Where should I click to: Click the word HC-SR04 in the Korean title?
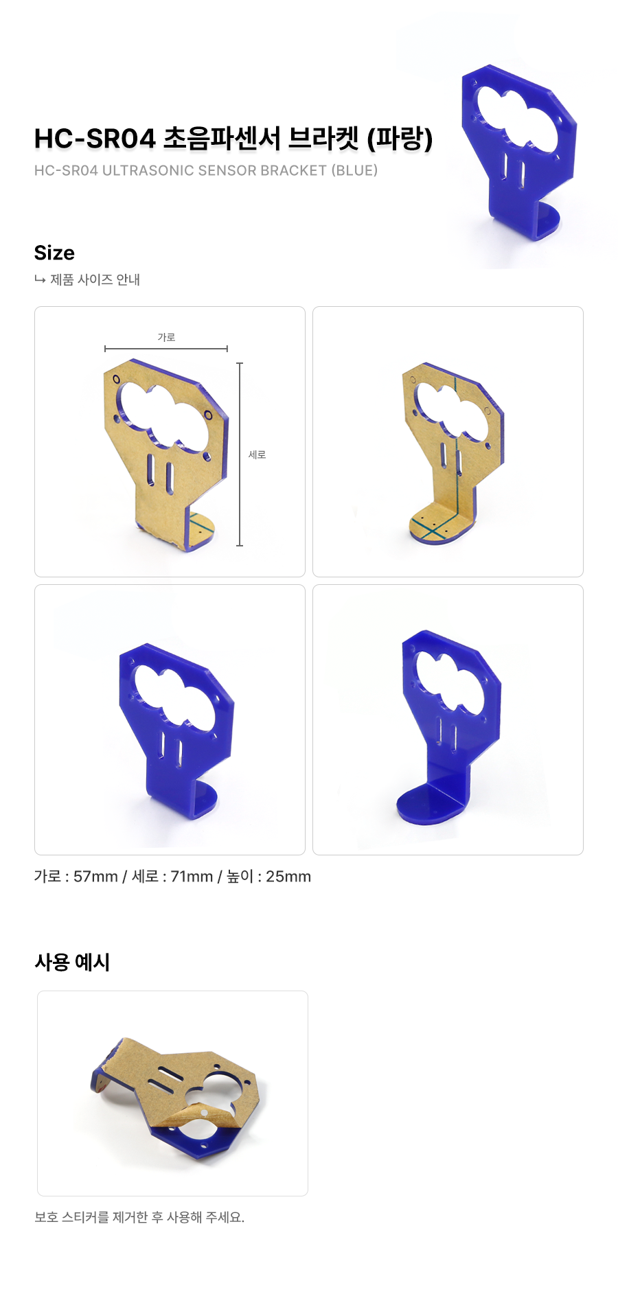tap(95, 139)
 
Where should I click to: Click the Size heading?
tap(54, 253)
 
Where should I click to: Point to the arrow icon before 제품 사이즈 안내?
tap(40, 279)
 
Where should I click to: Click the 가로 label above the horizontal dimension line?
tap(166, 337)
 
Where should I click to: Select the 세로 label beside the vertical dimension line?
tap(257, 454)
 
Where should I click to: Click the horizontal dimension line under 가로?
tap(166, 349)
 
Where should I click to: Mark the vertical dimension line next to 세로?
tap(240, 454)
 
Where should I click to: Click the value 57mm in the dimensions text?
tap(95, 877)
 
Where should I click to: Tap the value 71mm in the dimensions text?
tap(192, 877)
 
